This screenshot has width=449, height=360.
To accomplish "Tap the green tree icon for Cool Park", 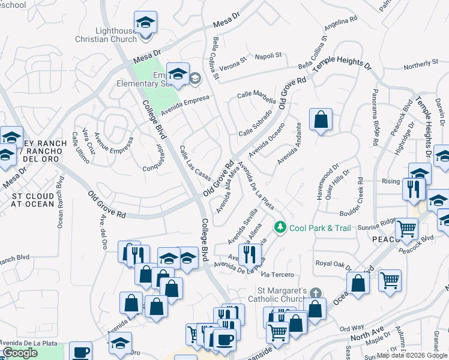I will (x=279, y=227).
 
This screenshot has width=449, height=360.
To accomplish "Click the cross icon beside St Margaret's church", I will (x=316, y=293).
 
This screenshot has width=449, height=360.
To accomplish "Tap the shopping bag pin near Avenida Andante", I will (x=321, y=119).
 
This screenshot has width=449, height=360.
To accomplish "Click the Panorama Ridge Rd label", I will (x=374, y=118).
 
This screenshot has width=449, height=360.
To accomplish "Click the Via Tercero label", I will (x=278, y=275).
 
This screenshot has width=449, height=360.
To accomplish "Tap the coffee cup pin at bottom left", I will (x=80, y=352).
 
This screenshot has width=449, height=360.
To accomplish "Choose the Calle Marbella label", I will (x=256, y=98).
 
